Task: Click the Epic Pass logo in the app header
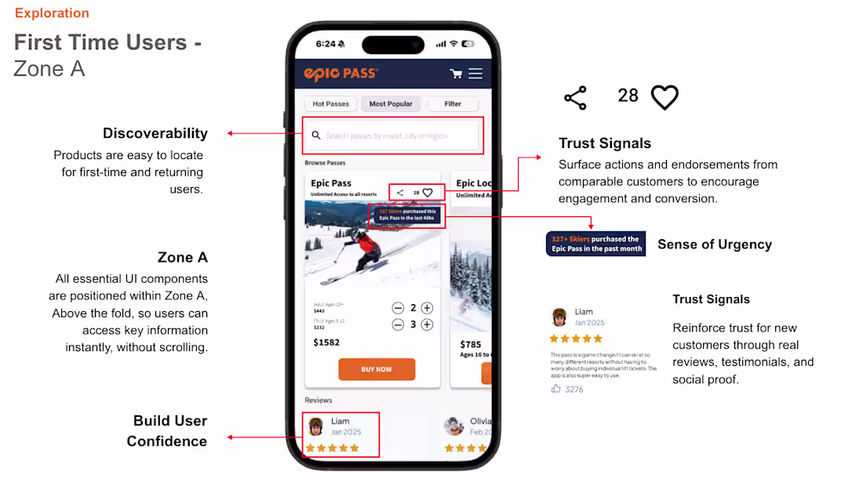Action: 341,74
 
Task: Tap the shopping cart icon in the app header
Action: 456,74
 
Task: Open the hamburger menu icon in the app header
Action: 475,74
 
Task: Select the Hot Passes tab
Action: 330,103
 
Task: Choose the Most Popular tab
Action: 391,103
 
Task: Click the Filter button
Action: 453,103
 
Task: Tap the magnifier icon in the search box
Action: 316,136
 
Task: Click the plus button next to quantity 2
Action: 427,308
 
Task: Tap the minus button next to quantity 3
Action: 398,324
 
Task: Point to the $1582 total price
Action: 326,342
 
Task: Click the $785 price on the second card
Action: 471,344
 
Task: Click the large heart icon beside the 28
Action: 665,97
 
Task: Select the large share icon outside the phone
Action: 575,98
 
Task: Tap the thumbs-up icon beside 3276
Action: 556,389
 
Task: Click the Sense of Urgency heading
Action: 714,244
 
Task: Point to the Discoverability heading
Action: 155,133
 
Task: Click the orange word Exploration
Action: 52,13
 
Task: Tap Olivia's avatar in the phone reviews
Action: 453,426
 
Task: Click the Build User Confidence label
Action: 168,431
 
